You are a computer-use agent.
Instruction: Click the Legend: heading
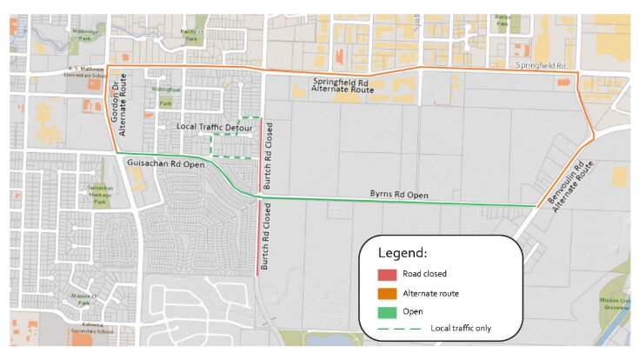[x=402, y=253]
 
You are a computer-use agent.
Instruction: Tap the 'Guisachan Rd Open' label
[x=166, y=163]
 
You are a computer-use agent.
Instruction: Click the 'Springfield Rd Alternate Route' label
[x=343, y=85]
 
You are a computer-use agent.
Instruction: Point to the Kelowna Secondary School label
[x=92, y=330]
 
